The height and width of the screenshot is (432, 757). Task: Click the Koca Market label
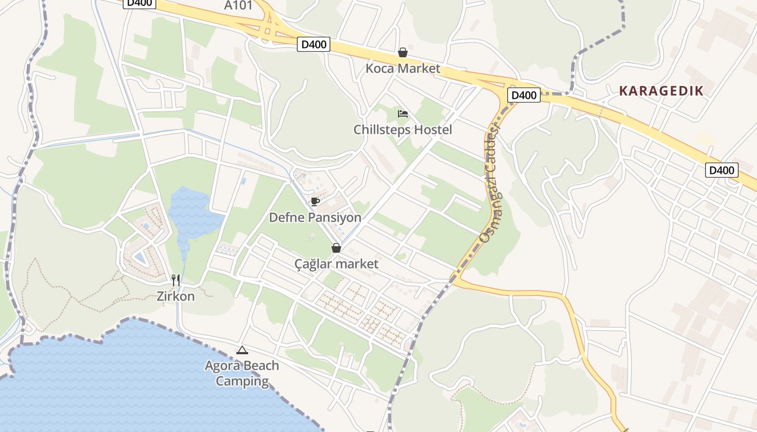pos(403,69)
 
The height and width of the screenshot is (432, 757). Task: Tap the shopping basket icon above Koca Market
pos(403,52)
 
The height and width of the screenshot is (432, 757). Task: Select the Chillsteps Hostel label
pos(402,130)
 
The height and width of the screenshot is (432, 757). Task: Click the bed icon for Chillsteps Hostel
pos(403,114)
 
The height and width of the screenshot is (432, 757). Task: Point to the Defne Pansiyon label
pos(315,218)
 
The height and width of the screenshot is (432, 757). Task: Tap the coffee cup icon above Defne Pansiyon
pos(315,202)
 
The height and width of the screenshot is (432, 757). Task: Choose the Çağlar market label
pos(336,264)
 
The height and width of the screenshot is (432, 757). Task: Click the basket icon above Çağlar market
pos(336,248)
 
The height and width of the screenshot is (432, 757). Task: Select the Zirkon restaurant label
pos(176,296)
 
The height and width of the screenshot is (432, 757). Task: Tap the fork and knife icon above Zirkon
pos(176,280)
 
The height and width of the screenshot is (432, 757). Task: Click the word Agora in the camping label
pos(223,366)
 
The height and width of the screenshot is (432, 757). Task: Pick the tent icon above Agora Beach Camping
pos(242,350)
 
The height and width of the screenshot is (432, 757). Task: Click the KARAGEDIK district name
pos(661,91)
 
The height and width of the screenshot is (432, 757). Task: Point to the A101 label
pos(238,5)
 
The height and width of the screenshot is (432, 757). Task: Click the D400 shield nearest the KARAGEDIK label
pos(524,96)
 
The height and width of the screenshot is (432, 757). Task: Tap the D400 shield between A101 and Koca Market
pos(314,44)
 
